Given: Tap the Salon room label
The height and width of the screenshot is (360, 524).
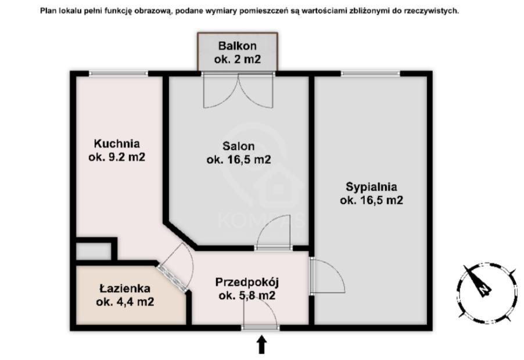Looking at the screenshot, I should click(238, 146).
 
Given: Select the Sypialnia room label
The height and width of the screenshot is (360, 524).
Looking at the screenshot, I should click(371, 187).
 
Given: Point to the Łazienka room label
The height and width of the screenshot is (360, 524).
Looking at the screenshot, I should click(125, 288).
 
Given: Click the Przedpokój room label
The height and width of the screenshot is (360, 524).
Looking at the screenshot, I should click(247, 283).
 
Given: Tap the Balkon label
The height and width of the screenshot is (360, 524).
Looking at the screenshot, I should click(237, 46).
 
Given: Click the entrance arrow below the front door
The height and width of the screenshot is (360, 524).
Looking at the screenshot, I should click(261, 345).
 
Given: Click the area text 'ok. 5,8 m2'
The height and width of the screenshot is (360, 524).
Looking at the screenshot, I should click(247, 296).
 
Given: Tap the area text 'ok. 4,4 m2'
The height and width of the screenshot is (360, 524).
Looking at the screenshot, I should click(125, 301).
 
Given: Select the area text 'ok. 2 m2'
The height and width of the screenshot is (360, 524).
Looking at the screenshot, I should click(237, 59).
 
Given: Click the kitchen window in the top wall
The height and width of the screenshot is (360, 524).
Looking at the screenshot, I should click(118, 73).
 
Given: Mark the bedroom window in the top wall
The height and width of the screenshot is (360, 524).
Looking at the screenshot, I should click(370, 73).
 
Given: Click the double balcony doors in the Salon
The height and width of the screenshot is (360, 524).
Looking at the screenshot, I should click(238, 89).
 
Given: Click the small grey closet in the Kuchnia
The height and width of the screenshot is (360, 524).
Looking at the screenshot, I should click(93, 251).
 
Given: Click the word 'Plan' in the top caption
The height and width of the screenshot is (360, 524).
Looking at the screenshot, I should click(49, 10).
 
